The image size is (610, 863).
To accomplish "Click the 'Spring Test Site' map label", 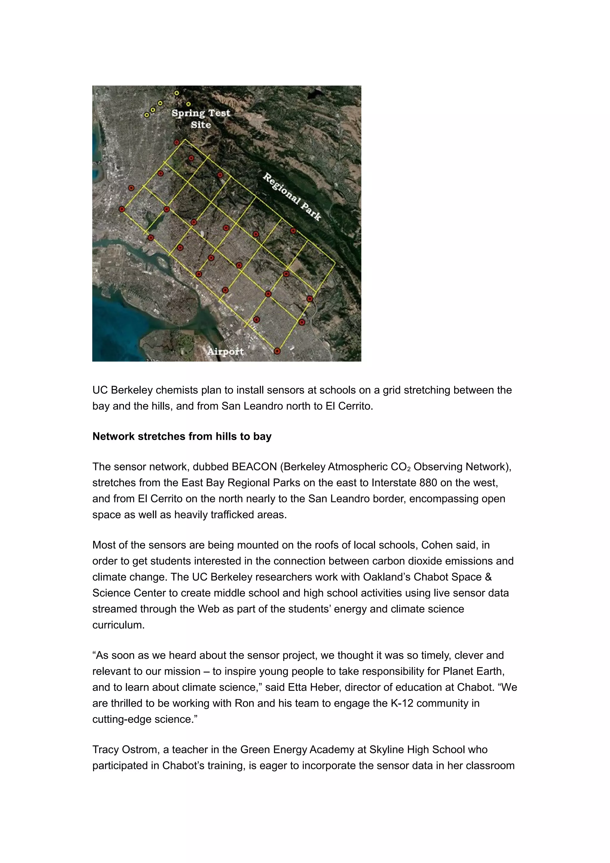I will point(200,119).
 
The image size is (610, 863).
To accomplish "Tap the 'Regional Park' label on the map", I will point(292,197).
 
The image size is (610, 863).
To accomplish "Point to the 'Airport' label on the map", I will point(225,351).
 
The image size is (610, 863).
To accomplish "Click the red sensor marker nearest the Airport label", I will point(277,351).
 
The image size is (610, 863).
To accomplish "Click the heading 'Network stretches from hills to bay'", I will point(182,436).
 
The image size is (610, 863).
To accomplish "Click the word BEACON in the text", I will point(254,467).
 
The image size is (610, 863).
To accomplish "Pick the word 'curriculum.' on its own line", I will point(118,625).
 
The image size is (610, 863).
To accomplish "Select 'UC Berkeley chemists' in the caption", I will point(145,390).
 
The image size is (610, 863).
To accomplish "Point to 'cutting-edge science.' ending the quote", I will point(145,719).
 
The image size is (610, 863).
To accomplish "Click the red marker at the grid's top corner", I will point(177,142).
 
